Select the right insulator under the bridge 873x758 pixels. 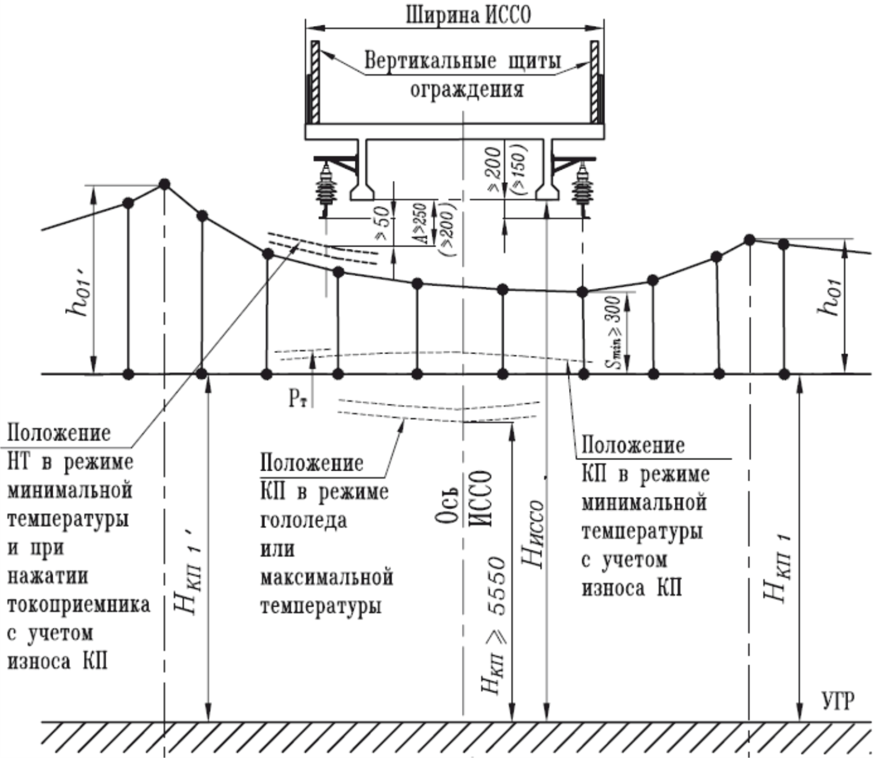[x=581, y=186]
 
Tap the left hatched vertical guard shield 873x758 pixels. [x=315, y=82]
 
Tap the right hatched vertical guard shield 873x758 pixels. [x=595, y=82]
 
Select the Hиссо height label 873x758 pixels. [x=533, y=533]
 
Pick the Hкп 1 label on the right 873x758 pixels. [x=777, y=567]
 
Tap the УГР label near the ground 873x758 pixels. [x=838, y=702]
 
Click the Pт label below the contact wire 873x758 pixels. [x=298, y=398]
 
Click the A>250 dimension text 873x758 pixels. [x=421, y=223]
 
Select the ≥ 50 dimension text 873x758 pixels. [x=383, y=223]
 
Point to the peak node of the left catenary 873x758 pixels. [x=165, y=184]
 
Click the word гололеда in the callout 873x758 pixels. [x=303, y=520]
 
